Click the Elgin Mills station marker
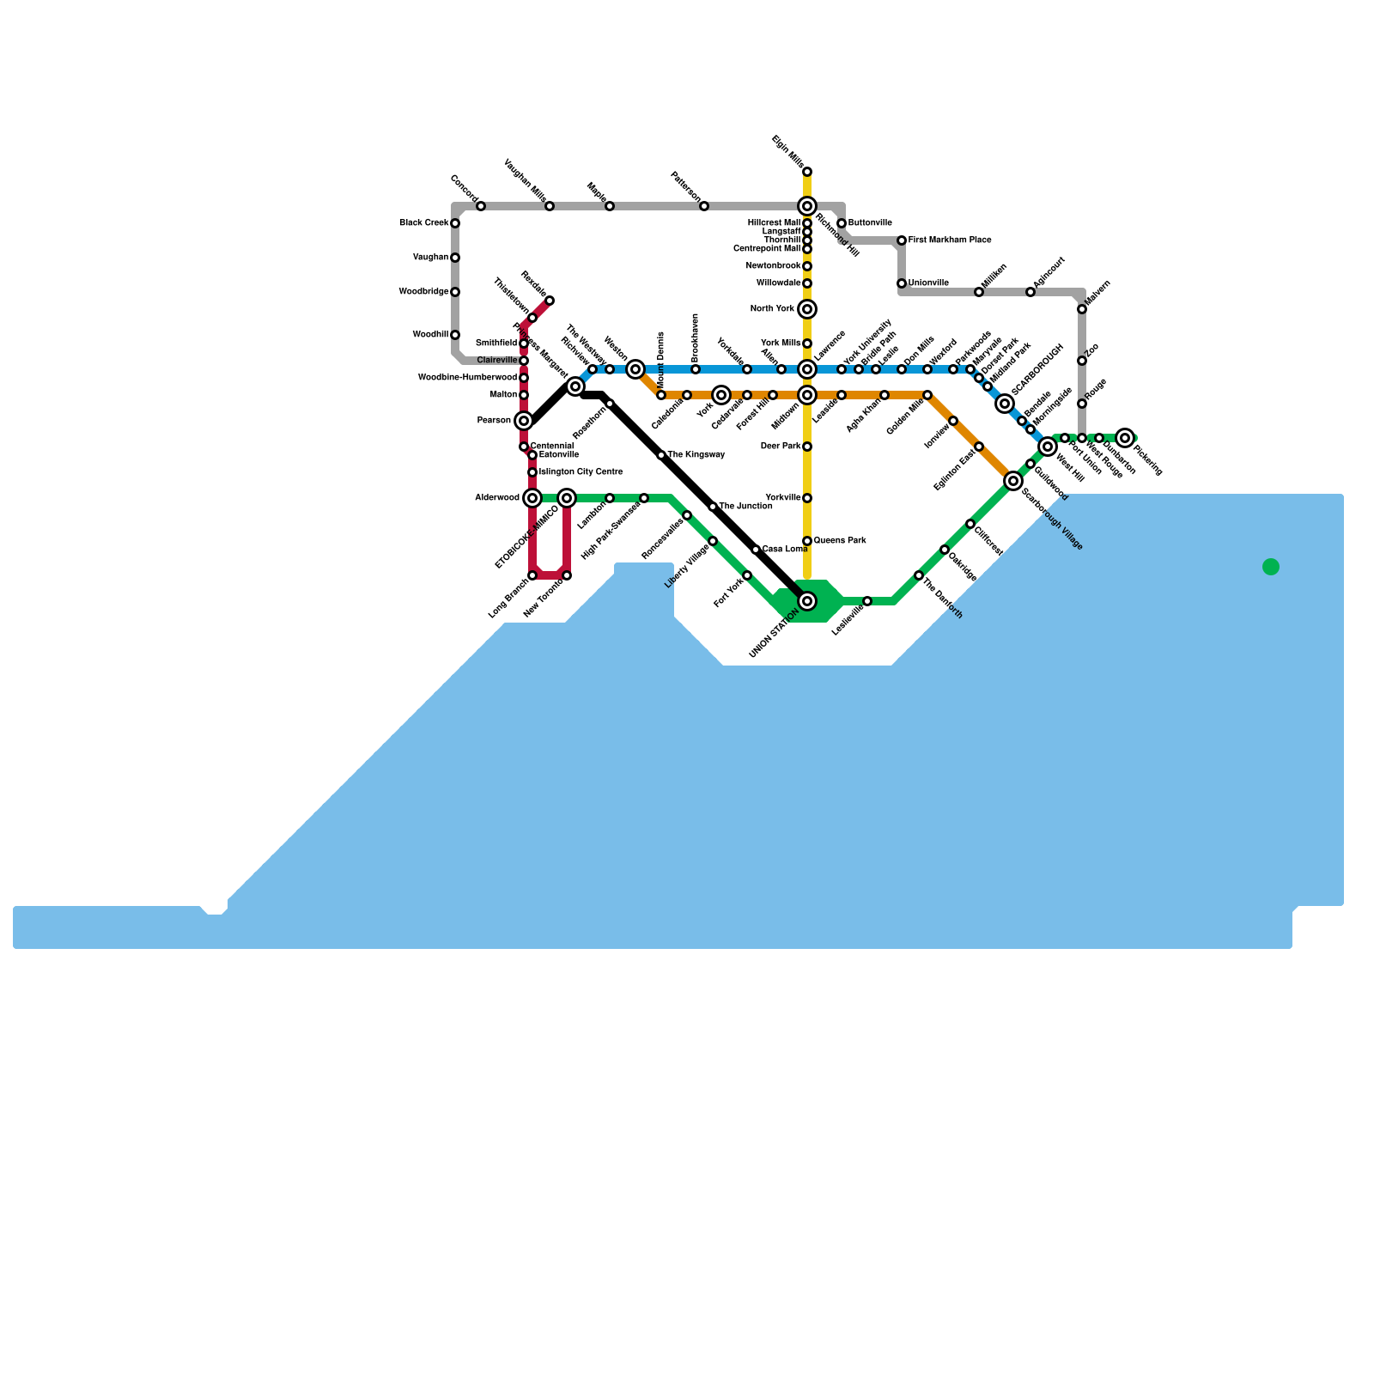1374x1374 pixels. pyautogui.click(x=807, y=172)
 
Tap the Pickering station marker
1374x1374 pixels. pyautogui.click(x=1126, y=438)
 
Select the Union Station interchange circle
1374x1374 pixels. pyautogui.click(x=807, y=601)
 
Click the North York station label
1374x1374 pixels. pyautogui.click(x=772, y=309)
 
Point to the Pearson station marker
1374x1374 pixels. pyautogui.click(x=524, y=421)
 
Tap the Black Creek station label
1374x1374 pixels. pyautogui.click(x=423, y=223)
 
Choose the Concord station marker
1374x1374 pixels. pyautogui.click(x=481, y=206)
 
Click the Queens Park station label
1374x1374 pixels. pyautogui.click(x=840, y=541)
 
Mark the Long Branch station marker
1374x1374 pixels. pyautogui.click(x=532, y=575)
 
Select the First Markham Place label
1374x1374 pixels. pyautogui.click(x=950, y=240)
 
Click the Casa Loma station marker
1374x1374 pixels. pyautogui.click(x=756, y=550)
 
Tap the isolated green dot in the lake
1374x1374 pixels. pyautogui.click(x=1271, y=567)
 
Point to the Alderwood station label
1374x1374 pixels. pyautogui.click(x=497, y=498)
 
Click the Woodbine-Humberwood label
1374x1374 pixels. pyautogui.click(x=467, y=378)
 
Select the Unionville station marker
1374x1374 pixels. pyautogui.click(x=902, y=283)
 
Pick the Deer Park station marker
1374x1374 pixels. pyautogui.click(x=807, y=447)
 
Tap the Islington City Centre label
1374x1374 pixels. pyautogui.click(x=581, y=472)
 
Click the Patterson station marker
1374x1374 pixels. pyautogui.click(x=704, y=206)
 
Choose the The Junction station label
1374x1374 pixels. pyautogui.click(x=745, y=507)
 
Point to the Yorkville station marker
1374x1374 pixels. pyautogui.click(x=807, y=498)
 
